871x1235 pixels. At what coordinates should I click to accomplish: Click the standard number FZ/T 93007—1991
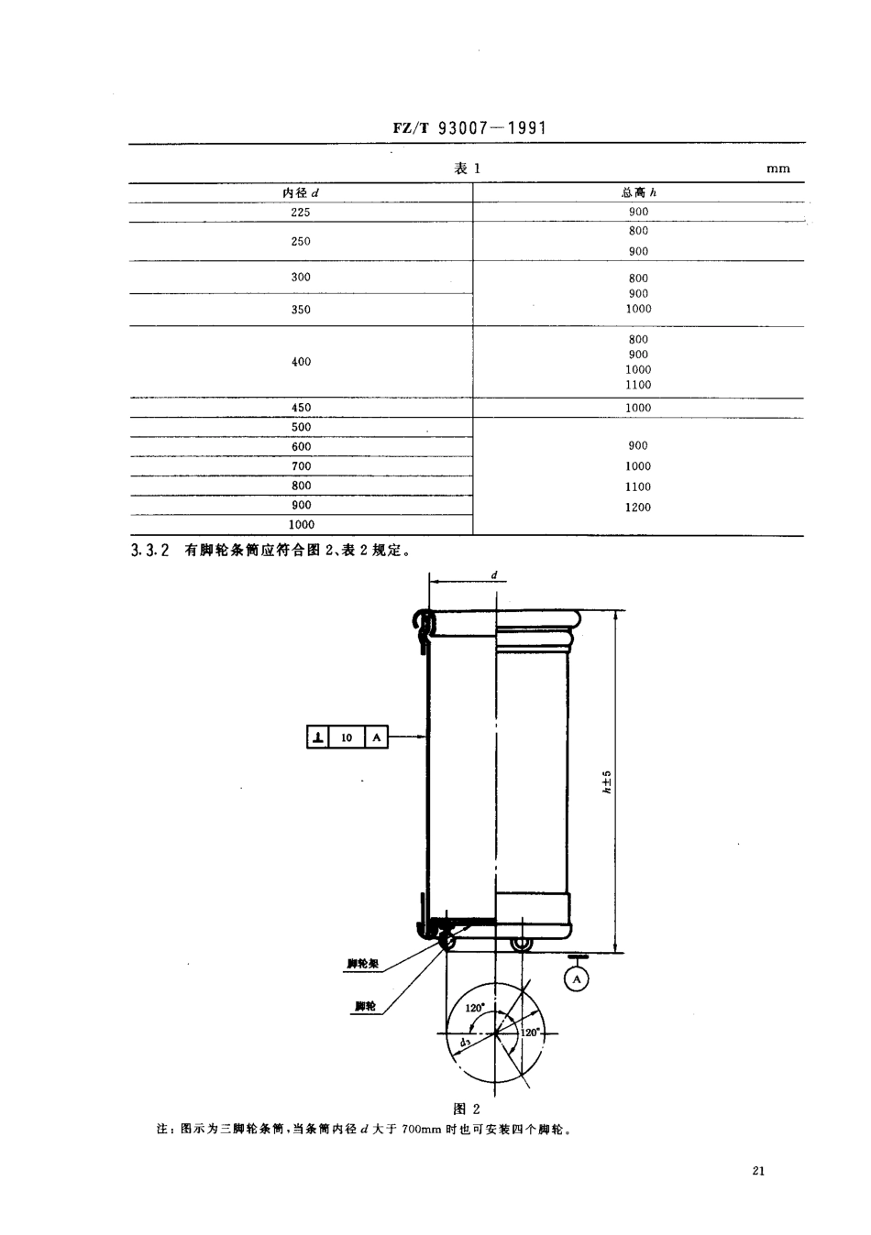[x=469, y=127]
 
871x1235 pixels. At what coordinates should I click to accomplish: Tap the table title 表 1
[x=467, y=169]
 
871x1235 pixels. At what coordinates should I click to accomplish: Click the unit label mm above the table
[x=777, y=169]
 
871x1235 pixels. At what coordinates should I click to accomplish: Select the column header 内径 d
[x=301, y=192]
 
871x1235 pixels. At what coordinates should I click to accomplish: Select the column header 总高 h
[x=638, y=192]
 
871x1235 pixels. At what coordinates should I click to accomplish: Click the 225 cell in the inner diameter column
[x=301, y=213]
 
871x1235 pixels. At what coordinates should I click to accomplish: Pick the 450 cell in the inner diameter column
[x=301, y=408]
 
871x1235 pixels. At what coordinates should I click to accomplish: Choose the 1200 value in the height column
[x=638, y=508]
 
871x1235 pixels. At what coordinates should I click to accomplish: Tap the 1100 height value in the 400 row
[x=638, y=386]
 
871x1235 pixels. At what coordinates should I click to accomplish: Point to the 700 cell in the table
[x=301, y=466]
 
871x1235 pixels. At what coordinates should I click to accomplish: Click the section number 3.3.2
[x=151, y=551]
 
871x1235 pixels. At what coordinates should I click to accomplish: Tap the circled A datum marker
[x=577, y=979]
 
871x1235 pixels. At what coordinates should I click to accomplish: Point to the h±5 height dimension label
[x=606, y=781]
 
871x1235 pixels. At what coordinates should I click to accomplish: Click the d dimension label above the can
[x=494, y=576]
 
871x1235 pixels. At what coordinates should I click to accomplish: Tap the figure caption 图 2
[x=468, y=1109]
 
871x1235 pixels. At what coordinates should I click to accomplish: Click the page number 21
[x=758, y=1170]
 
